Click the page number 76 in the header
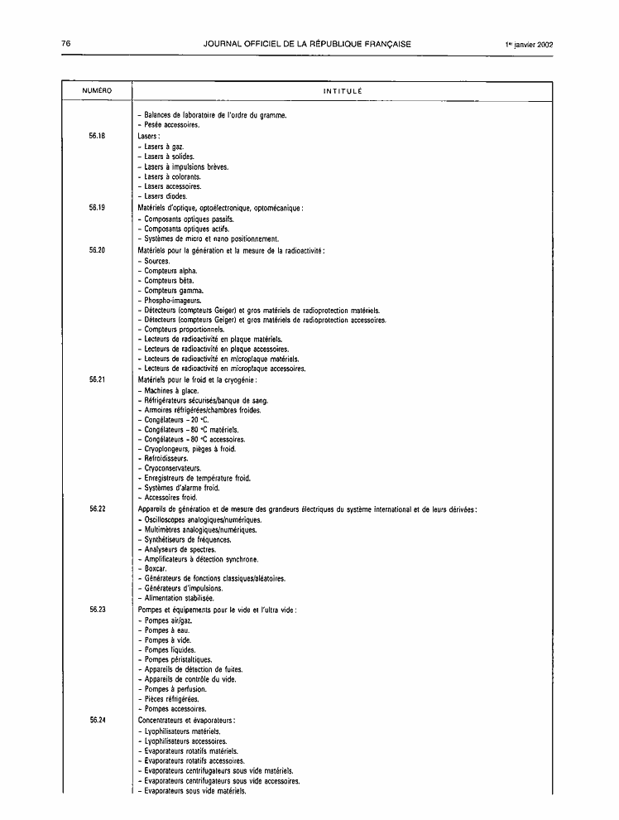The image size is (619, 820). (66, 44)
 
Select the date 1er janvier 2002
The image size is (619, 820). (529, 44)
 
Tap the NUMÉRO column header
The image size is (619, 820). (97, 89)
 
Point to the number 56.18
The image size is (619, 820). (97, 136)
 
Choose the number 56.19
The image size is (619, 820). (97, 209)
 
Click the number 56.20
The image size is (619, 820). (97, 250)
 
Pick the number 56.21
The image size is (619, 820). (97, 379)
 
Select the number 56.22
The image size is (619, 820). (97, 509)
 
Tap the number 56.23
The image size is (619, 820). (97, 610)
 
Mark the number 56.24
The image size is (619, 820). (97, 721)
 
